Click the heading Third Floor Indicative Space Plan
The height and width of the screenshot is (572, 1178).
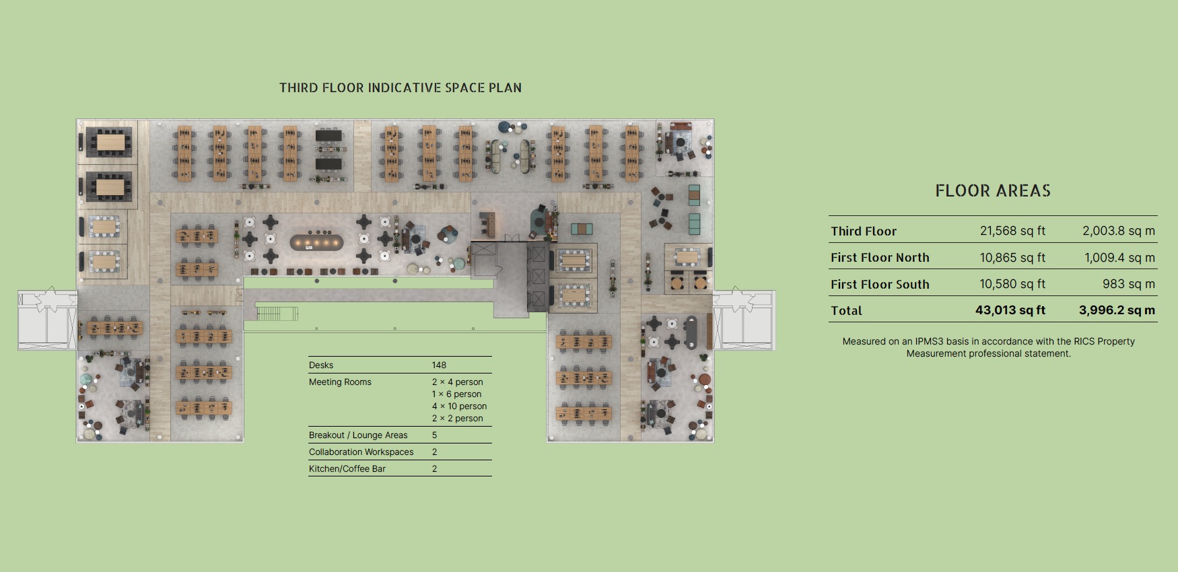pyautogui.click(x=401, y=87)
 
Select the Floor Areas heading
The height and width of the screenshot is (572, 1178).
pyautogui.click(x=993, y=191)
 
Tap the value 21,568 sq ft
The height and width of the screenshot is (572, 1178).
pyautogui.click(x=1012, y=231)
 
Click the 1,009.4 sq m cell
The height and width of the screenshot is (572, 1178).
pyautogui.click(x=1119, y=257)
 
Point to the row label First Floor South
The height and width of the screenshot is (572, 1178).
pyautogui.click(x=880, y=284)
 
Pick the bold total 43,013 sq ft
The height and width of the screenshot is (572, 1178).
pyautogui.click(x=1010, y=310)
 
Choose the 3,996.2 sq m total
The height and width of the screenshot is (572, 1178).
pyautogui.click(x=1117, y=310)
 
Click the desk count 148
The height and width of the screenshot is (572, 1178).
pyautogui.click(x=439, y=365)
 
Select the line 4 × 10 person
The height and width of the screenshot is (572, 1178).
pyautogui.click(x=459, y=406)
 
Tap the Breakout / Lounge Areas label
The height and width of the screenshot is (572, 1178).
pyautogui.click(x=358, y=435)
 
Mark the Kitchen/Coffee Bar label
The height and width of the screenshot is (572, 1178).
pyautogui.click(x=347, y=468)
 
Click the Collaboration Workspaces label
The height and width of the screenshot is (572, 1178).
pyautogui.click(x=361, y=452)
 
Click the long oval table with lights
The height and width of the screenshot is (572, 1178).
pyautogui.click(x=316, y=242)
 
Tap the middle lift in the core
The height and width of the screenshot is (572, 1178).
pyautogui.click(x=539, y=276)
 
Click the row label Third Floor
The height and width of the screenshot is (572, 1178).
pyautogui.click(x=864, y=231)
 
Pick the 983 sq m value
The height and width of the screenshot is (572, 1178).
pyautogui.click(x=1129, y=284)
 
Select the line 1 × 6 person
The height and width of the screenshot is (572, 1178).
pyautogui.click(x=456, y=394)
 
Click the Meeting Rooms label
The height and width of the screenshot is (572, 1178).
pyautogui.click(x=340, y=382)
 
